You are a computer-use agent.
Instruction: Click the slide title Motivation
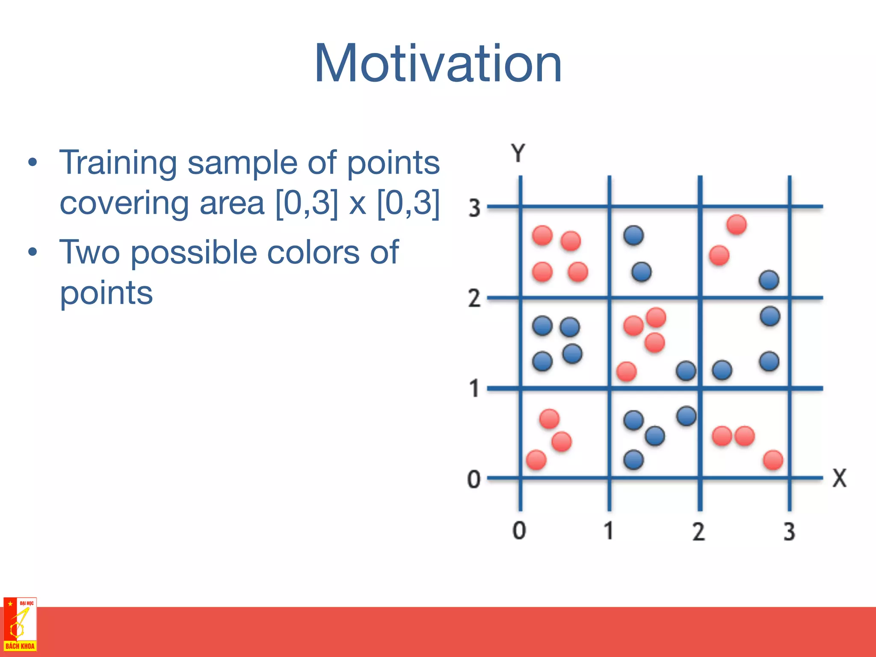click(438, 63)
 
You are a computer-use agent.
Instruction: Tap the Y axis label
click(518, 153)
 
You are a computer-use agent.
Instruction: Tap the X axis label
click(839, 478)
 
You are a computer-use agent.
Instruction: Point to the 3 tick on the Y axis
click(474, 208)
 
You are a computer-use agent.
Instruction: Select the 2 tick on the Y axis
click(474, 298)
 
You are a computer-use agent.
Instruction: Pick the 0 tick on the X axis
click(519, 530)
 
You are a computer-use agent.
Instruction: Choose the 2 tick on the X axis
click(698, 532)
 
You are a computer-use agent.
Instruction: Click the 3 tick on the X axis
click(789, 532)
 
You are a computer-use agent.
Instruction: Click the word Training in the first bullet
click(118, 163)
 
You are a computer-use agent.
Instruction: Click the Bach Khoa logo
click(20, 624)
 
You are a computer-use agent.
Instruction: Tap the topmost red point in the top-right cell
click(737, 225)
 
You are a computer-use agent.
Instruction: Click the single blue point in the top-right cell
click(769, 281)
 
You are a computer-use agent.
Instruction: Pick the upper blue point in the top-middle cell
click(633, 235)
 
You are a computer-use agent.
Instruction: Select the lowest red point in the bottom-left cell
click(536, 460)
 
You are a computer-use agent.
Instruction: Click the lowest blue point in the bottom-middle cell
click(633, 460)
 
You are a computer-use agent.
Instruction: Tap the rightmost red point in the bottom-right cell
click(773, 460)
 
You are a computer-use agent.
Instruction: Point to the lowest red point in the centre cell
click(627, 371)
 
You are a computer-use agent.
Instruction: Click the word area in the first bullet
click(232, 204)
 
